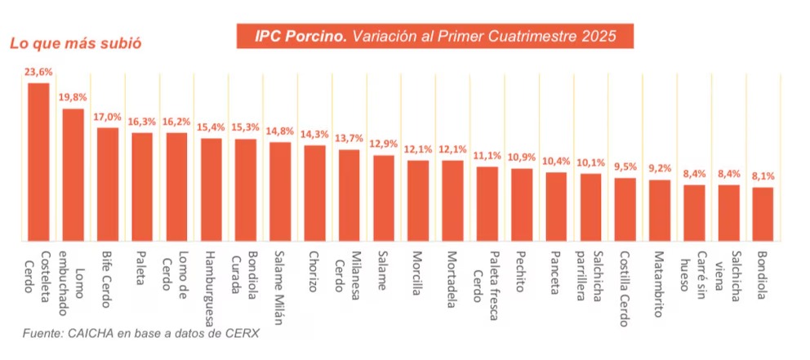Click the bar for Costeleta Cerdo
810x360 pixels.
pos(38,162)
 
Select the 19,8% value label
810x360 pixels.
pos(73,97)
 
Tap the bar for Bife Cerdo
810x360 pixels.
pos(108,184)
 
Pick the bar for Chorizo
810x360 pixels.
pos(315,193)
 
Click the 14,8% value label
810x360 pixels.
pos(280,131)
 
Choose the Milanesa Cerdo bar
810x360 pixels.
pos(349,196)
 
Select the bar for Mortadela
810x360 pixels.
pos(453,201)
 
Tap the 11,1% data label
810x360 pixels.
pos(487,155)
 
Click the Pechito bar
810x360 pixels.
pos(522,205)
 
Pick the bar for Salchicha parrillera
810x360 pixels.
pos(591,207)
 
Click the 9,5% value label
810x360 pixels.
pos(625,167)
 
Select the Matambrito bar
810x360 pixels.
pos(660,211)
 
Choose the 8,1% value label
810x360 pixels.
pos(763,176)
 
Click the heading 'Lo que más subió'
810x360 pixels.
pos(75,43)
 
